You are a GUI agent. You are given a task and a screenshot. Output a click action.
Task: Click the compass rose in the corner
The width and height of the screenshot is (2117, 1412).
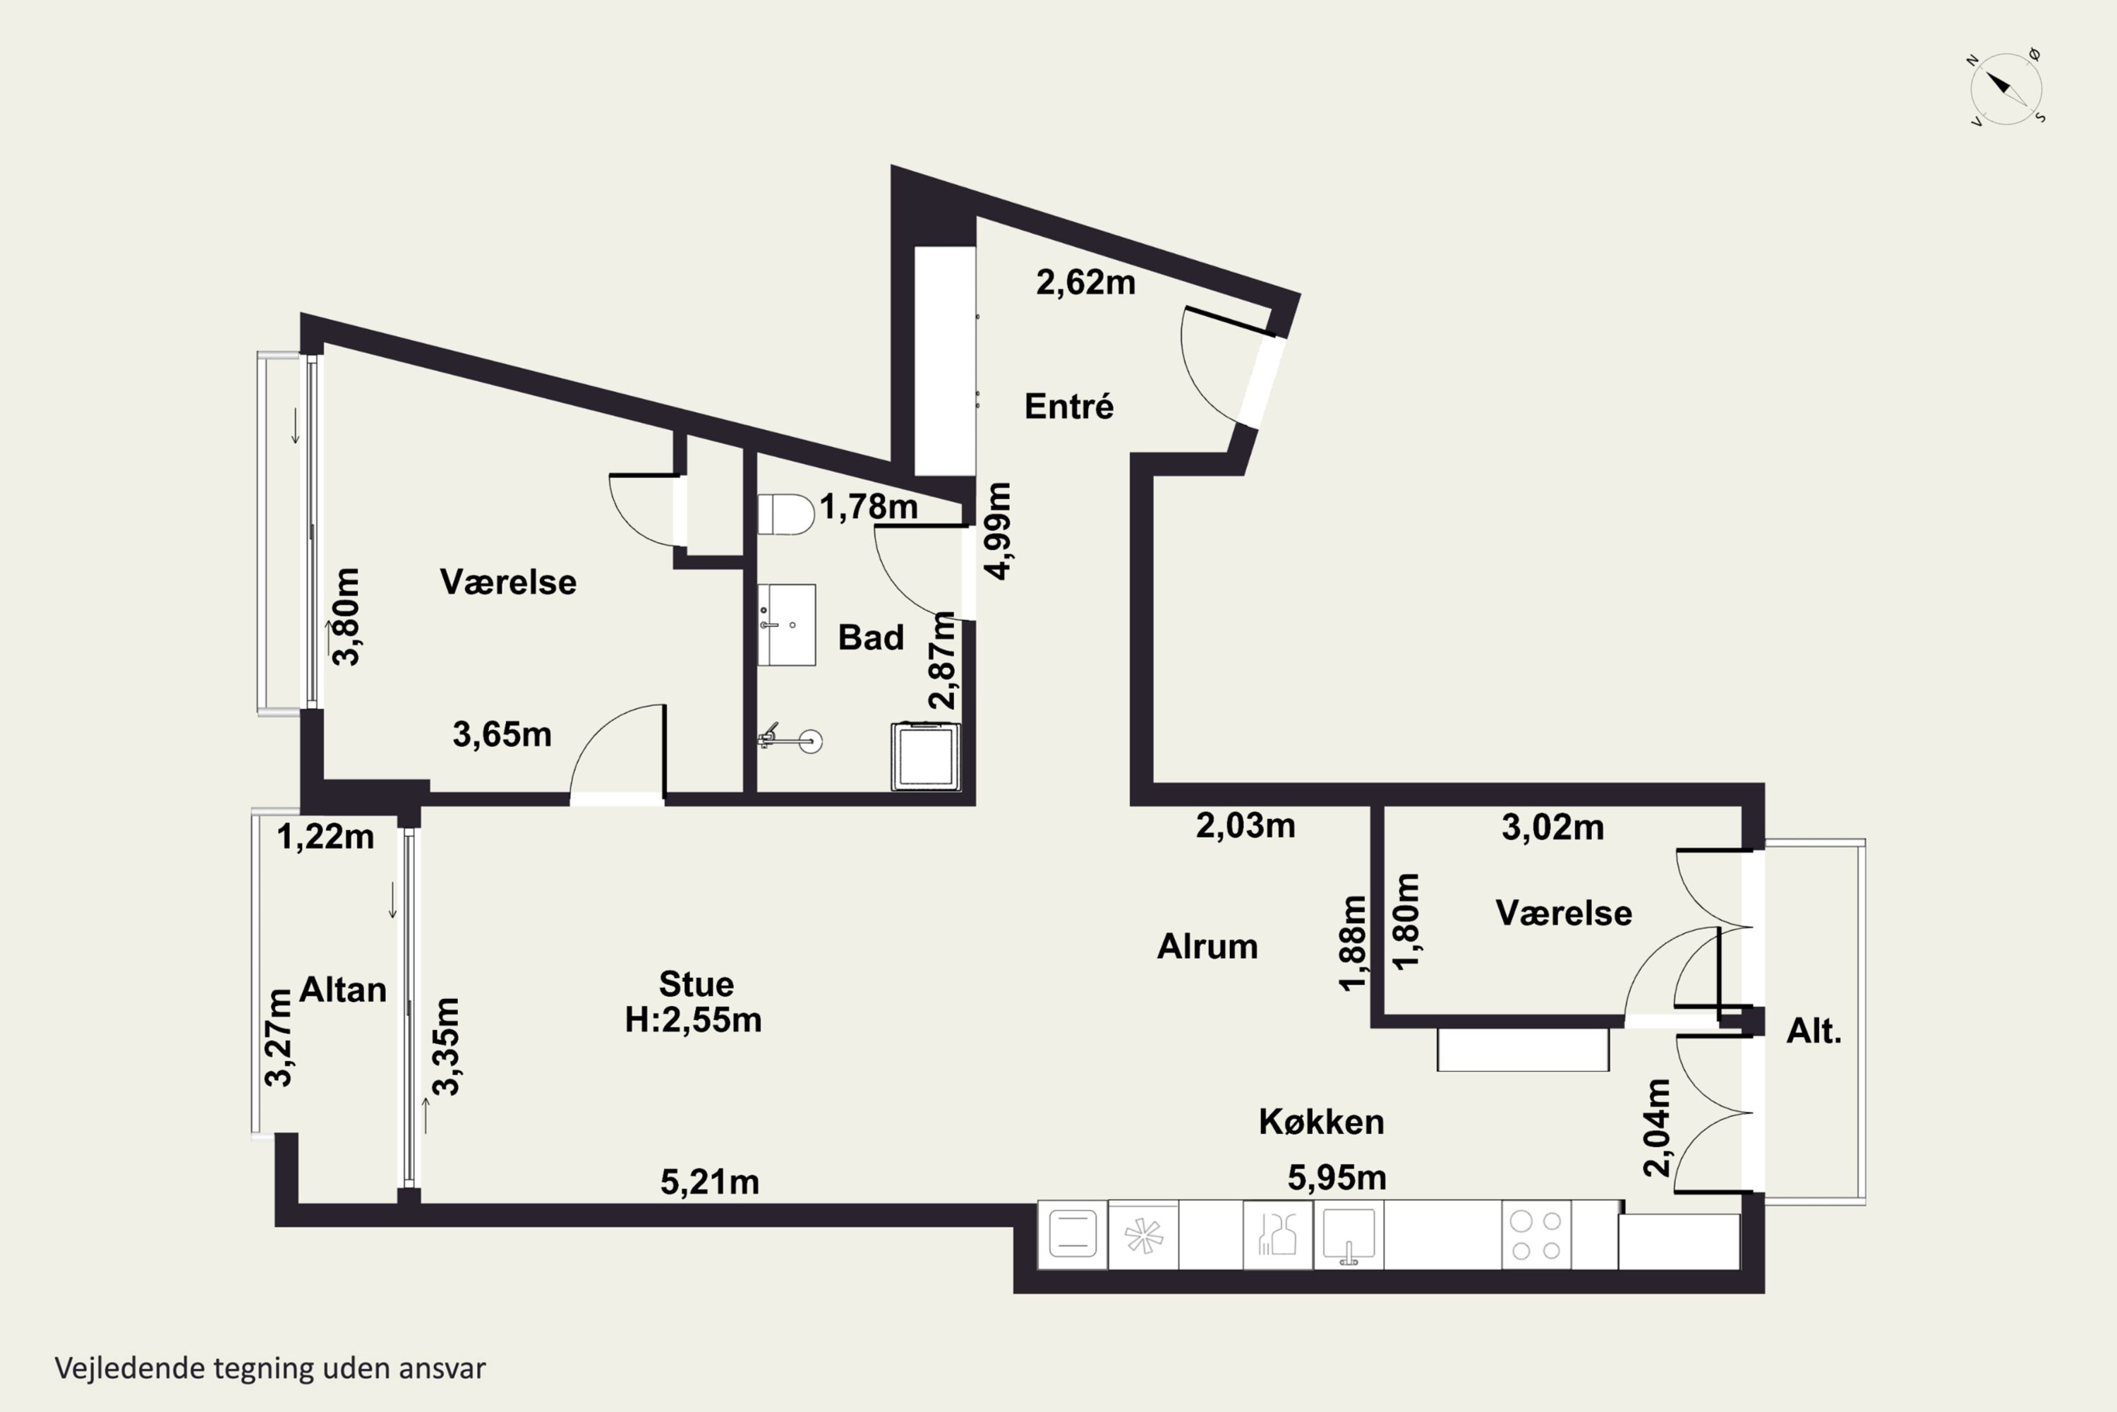click(x=2006, y=88)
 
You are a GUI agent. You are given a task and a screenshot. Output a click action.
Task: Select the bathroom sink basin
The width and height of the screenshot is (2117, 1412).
click(x=786, y=625)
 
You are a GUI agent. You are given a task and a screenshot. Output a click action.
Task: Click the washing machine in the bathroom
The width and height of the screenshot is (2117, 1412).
click(x=925, y=756)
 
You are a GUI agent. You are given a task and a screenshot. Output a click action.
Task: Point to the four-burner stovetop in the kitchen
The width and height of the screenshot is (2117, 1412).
click(x=1536, y=1235)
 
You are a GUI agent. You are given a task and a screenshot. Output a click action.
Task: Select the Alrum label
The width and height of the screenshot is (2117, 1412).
click(x=1207, y=947)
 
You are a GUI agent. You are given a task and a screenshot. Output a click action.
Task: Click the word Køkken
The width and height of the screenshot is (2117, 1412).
click(x=1321, y=1121)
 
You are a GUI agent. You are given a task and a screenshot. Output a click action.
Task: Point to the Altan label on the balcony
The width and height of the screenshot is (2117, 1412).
click(x=343, y=990)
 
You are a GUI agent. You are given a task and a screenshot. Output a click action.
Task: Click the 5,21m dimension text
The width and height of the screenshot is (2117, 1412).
click(x=709, y=1181)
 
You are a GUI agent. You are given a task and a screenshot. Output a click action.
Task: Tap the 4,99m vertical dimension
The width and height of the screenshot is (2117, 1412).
click(x=999, y=532)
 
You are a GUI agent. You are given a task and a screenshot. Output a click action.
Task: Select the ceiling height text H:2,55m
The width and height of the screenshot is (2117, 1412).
click(x=693, y=1019)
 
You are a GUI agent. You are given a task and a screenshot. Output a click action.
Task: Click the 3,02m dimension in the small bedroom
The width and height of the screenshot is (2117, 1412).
click(x=1552, y=827)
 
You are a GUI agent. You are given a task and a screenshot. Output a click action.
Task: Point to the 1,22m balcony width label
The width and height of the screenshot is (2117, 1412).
click(x=325, y=837)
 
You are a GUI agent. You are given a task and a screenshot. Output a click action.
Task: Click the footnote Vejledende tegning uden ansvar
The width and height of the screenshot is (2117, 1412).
click(x=270, y=1368)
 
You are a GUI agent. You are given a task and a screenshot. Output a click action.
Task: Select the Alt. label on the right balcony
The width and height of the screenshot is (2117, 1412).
click(x=1814, y=1030)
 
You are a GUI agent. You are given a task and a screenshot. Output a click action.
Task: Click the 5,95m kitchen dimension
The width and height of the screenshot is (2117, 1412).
click(x=1337, y=1177)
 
